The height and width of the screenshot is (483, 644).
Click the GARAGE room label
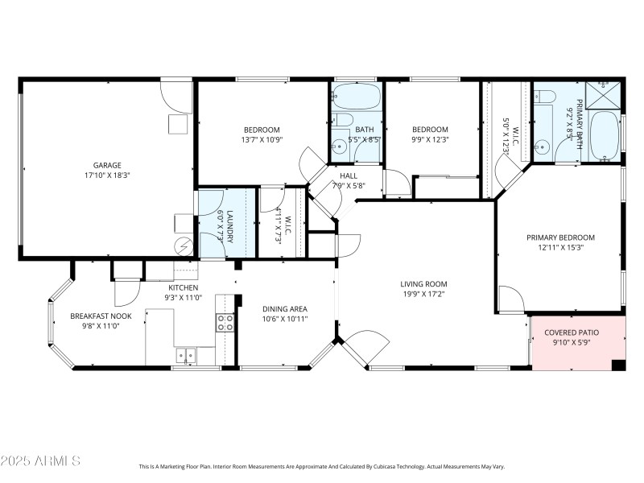pos(106,165)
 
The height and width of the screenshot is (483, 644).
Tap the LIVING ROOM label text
pos(423,283)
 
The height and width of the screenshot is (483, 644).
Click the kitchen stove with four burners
pos(225,323)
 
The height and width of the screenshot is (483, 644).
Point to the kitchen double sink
pos(187,353)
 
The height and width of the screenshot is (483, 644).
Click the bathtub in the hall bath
pos(356,97)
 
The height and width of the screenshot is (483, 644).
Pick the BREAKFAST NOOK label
pos(101,316)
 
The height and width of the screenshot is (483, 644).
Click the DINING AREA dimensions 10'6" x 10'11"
pos(285,319)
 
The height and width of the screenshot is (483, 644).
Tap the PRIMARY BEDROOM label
pos(560,237)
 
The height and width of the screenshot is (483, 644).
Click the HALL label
pos(349,175)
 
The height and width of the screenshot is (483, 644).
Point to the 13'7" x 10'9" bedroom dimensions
pos(262,140)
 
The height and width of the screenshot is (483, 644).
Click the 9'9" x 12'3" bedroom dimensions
pos(430,140)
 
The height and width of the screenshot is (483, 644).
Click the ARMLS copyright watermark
pos(40,461)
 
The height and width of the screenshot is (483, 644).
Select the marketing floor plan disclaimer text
pos(322,466)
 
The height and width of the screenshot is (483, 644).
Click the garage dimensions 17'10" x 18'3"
pos(106,175)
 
